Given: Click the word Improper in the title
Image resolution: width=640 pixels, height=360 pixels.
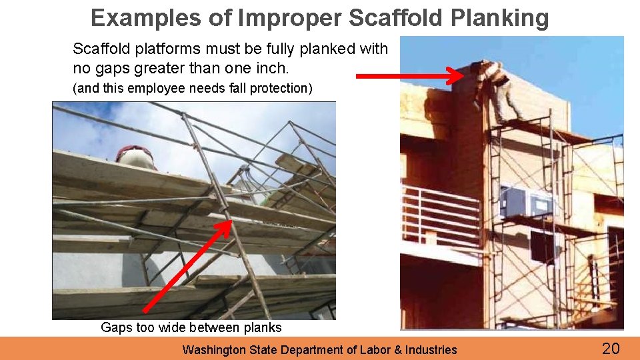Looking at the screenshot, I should tap(292, 18).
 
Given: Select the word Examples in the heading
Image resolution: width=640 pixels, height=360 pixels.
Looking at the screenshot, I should tap(146, 18).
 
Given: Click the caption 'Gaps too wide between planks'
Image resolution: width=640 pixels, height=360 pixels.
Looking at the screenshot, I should tap(191, 327).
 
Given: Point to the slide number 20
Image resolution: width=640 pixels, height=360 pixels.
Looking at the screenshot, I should tap(611, 348).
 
